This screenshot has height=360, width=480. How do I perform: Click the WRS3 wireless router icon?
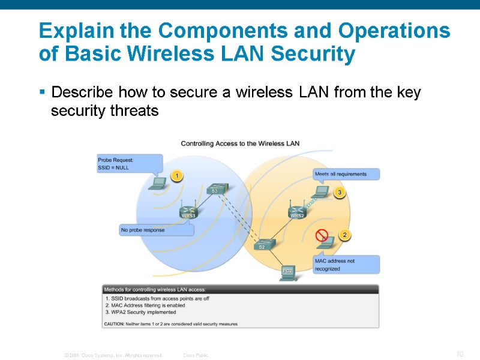click(x=188, y=211)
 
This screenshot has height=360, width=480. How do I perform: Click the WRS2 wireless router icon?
click(x=298, y=211)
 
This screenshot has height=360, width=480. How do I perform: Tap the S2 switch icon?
click(x=263, y=244)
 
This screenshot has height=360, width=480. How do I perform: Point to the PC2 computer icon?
click(x=288, y=273)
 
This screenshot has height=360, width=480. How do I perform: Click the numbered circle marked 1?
click(x=176, y=176)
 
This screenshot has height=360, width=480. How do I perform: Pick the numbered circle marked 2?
click(x=344, y=235)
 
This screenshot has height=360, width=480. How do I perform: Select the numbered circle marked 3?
click(x=340, y=193)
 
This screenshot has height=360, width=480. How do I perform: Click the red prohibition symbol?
click(x=322, y=233)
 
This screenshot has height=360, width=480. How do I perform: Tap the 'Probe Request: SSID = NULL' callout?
click(x=128, y=164)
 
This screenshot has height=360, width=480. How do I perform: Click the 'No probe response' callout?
click(x=156, y=230)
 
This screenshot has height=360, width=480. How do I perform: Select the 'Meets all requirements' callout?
click(x=346, y=174)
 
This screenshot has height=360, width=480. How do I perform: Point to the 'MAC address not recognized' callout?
click(x=346, y=265)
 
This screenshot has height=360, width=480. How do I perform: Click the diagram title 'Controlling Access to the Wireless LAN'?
click(x=240, y=143)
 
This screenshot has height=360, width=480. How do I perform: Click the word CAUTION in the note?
click(x=114, y=324)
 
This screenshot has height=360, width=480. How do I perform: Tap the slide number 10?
click(x=460, y=354)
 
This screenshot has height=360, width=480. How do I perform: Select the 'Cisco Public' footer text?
click(x=196, y=355)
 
